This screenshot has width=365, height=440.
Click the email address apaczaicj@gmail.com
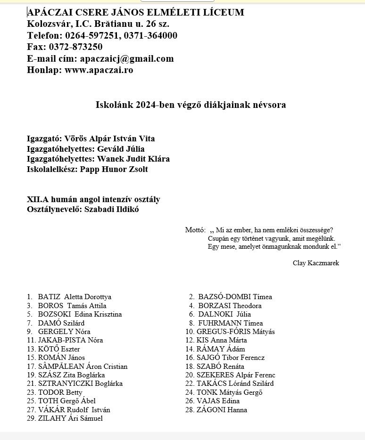tap(127, 59)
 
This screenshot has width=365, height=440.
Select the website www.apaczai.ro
tap(99, 70)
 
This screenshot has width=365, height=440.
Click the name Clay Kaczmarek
tap(315, 263)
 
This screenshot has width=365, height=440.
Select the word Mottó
tap(195, 230)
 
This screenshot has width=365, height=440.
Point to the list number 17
tap(31, 367)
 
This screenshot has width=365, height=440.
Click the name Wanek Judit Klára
tap(133, 159)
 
